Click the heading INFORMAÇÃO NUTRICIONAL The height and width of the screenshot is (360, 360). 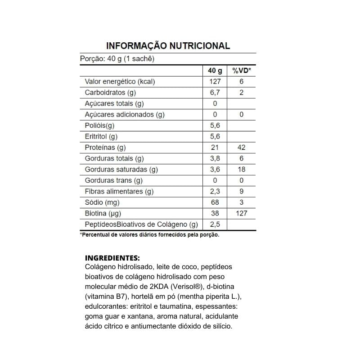pos(168,46)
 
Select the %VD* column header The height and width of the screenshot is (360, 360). pos(242,71)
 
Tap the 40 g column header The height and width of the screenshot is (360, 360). pos(215,71)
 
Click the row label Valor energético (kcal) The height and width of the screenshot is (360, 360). pos(120,81)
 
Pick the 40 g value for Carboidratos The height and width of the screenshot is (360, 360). pos(215,93)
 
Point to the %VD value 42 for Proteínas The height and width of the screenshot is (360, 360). pos(242,148)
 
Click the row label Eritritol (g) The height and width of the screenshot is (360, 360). pos(101,136)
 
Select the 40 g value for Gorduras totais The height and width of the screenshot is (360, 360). pos(215,158)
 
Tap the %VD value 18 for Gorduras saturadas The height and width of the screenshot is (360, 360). pos(242,170)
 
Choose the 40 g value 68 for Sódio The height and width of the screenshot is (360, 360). pos(215,202)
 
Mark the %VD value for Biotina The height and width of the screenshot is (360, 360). pos(242,213)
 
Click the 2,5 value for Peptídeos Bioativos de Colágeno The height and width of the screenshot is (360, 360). pos(215,225)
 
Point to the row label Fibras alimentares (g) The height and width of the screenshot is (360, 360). pos(119,192)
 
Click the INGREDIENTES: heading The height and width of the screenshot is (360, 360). pos(112,258)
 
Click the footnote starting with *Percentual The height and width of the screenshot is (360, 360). pos(149,235)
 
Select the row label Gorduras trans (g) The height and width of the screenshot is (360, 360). pos(114,180)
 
